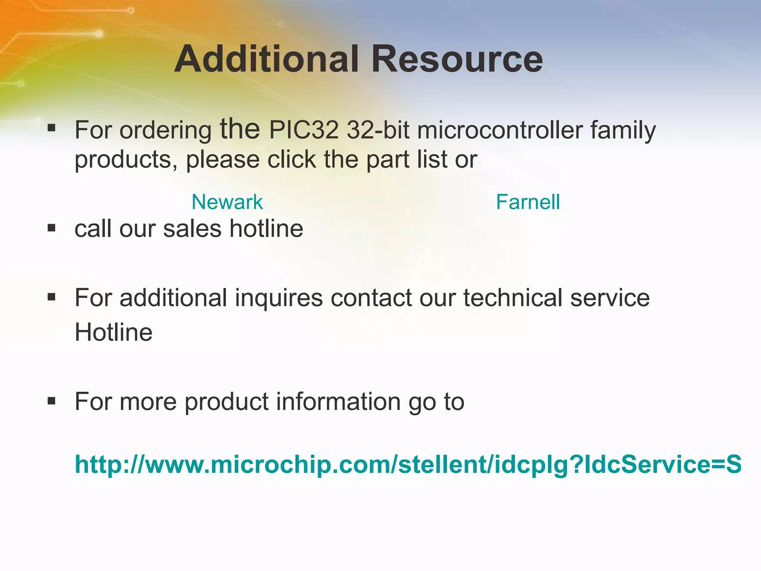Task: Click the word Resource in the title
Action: [457, 59]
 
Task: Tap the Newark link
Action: [227, 202]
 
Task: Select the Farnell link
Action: [528, 202]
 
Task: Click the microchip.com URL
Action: [408, 465]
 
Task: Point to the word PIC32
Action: [304, 130]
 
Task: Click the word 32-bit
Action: [378, 130]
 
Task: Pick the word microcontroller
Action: [500, 130]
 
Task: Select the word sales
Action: [192, 228]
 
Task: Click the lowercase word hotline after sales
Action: [266, 228]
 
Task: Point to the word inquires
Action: [279, 299]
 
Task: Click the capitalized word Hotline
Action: [114, 332]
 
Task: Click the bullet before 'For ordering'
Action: [52, 129]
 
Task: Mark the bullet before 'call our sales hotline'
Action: [52, 228]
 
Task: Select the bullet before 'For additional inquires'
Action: [52, 297]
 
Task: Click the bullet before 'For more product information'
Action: [52, 401]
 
